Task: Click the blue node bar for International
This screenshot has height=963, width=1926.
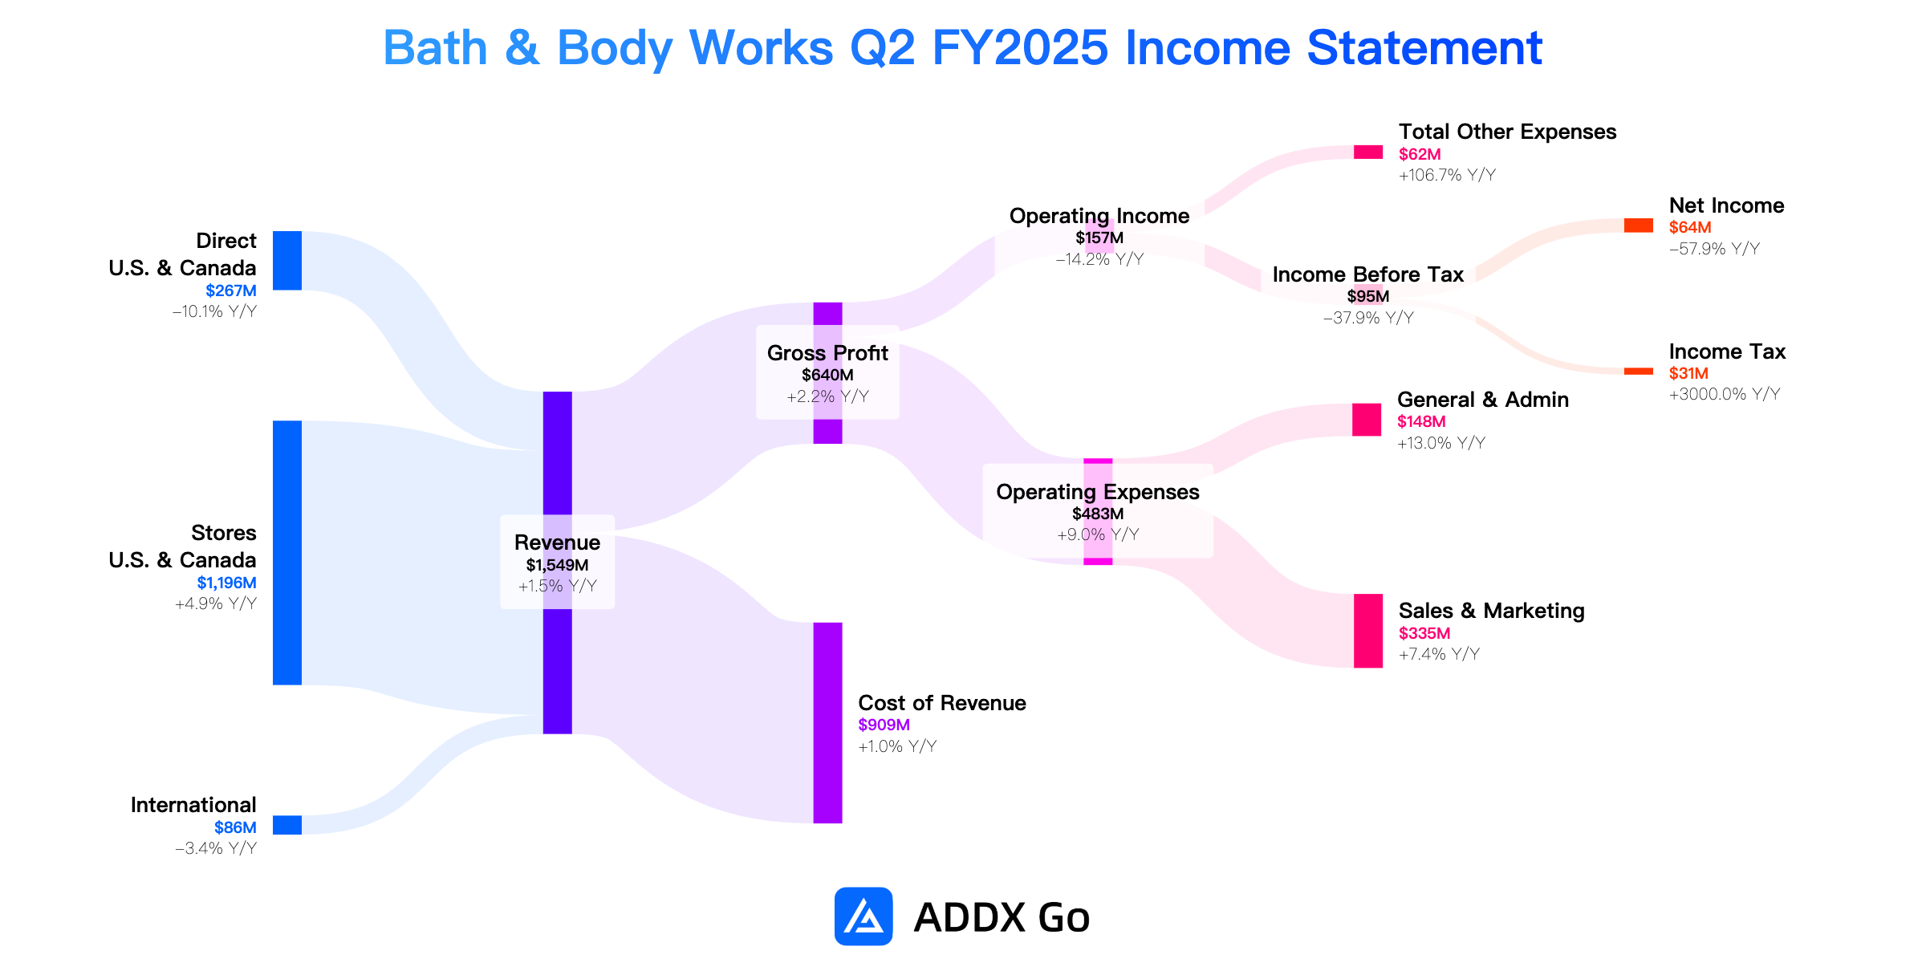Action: coord(287,825)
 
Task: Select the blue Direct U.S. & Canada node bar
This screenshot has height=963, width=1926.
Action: coord(287,261)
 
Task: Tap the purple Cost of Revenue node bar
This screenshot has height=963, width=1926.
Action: coord(828,723)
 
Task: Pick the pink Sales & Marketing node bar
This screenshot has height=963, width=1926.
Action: coord(1368,631)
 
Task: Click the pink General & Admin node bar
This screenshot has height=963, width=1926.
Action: coord(1367,420)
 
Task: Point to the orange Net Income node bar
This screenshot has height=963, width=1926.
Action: coord(1639,226)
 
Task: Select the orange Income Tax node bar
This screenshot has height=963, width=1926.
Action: coord(1639,372)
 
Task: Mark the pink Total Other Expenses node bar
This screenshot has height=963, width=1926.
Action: coord(1368,152)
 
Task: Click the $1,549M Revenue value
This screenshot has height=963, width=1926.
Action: coord(557,565)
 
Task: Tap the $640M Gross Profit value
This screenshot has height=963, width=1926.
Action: coord(827,375)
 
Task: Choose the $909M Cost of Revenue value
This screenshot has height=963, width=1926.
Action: coord(884,725)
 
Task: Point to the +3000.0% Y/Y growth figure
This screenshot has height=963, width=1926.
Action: coord(1725,394)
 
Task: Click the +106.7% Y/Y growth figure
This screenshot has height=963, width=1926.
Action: coord(1447,175)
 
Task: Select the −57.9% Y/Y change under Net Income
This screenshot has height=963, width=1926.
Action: coord(1714,249)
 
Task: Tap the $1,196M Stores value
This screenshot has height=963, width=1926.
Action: coord(227,583)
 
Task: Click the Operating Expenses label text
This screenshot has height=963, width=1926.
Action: coord(1098,492)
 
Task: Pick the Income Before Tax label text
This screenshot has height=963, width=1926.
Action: coord(1368,274)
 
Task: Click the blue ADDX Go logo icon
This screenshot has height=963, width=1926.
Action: coord(863,916)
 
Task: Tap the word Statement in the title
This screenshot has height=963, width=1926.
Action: coord(1424,48)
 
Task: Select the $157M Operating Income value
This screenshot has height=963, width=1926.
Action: coord(1099,238)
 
